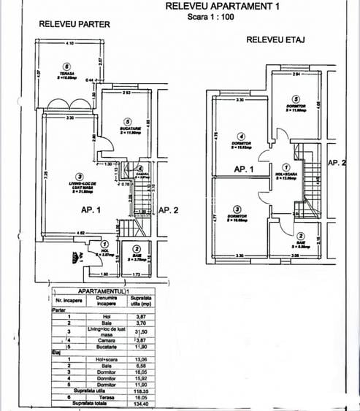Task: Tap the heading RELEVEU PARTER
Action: pos(74,24)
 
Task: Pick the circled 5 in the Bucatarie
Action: pos(127,122)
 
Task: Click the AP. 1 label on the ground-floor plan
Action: pos(91,210)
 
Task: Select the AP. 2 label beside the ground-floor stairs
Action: pos(168,210)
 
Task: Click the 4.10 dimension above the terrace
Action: pos(69,45)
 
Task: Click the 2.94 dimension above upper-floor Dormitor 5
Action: pos(295,74)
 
